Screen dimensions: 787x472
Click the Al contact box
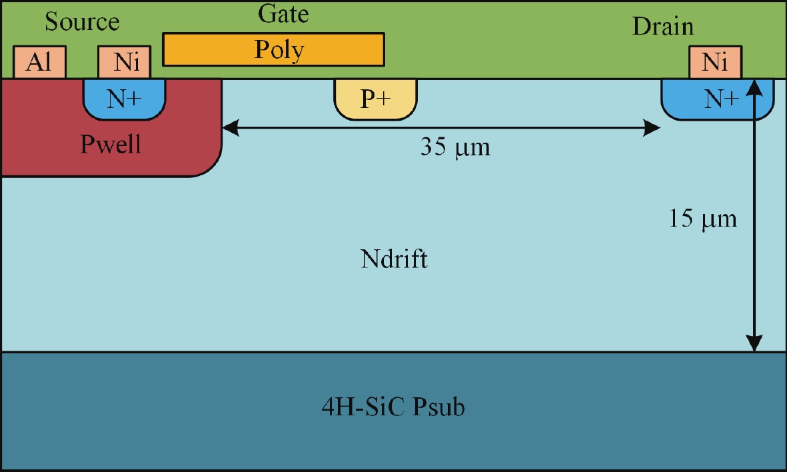(39, 62)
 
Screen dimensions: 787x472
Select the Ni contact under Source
(125, 62)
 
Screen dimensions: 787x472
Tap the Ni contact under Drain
(715, 62)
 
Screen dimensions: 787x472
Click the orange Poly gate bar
(273, 49)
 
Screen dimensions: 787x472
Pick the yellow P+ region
(375, 99)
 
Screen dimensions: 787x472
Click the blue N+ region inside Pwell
(124, 99)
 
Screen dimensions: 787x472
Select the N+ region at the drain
(717, 99)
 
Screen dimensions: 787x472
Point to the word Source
(83, 22)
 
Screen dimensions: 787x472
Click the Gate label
(283, 13)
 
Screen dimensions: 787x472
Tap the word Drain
(662, 26)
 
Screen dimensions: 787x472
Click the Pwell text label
(111, 144)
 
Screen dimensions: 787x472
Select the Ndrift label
(394, 259)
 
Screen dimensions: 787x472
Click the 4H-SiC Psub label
(393, 406)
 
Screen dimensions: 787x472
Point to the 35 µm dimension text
(455, 147)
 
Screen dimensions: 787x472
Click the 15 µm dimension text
(702, 219)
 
